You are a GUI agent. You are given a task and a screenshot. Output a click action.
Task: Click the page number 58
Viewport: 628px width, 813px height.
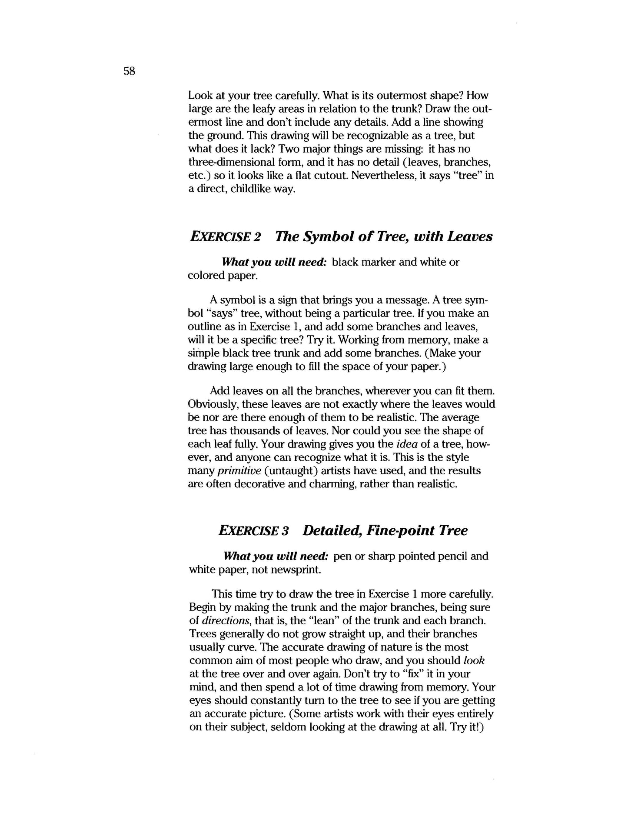130,71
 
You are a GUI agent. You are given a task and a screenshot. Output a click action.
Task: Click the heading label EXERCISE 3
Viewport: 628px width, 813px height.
253,531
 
